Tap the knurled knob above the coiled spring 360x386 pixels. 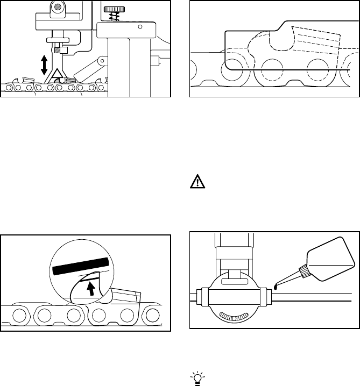(112, 10)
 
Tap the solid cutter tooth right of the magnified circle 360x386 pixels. (125, 298)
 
